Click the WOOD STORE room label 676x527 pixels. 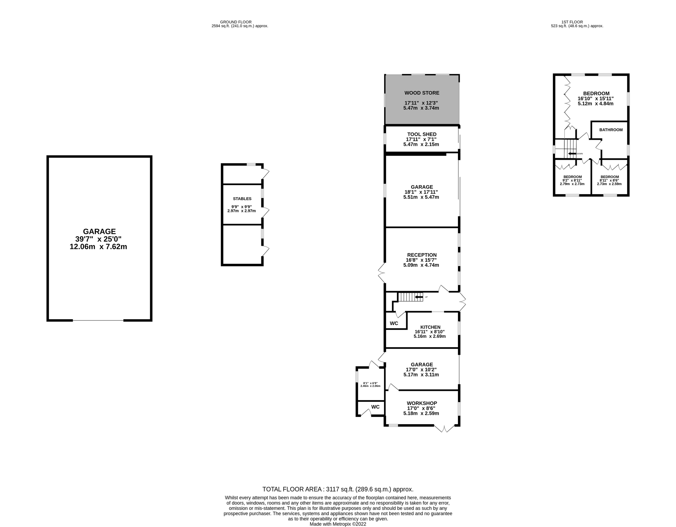[x=422, y=93]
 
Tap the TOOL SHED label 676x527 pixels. [x=422, y=134]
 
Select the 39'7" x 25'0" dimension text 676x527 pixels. [x=98, y=239]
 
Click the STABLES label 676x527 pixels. [x=242, y=199]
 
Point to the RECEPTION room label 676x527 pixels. [x=422, y=255]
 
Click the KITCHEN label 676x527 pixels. [x=430, y=327]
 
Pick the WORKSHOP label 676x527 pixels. [x=422, y=403]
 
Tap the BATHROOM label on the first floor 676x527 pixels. [x=611, y=130]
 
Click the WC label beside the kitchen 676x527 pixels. [x=394, y=324]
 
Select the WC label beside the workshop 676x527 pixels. [x=375, y=407]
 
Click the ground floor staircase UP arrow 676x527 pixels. [x=419, y=297]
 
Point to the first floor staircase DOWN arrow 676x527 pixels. [x=572, y=154]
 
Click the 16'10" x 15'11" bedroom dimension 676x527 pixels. [x=596, y=98]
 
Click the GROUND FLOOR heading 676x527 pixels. [x=236, y=22]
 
